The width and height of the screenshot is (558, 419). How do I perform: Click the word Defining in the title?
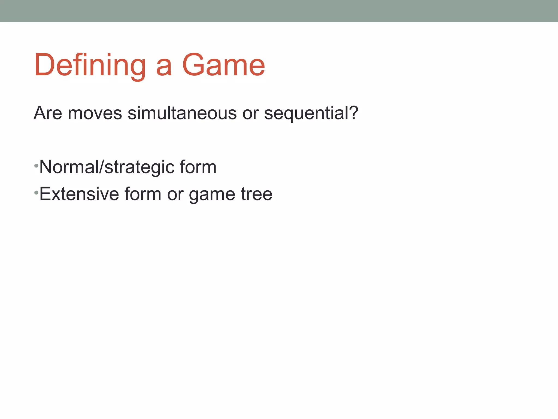click(x=90, y=65)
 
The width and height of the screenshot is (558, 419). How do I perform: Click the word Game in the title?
click(x=223, y=65)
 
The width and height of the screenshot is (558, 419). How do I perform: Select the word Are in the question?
click(x=48, y=113)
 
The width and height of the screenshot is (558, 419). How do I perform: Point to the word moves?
click(x=95, y=113)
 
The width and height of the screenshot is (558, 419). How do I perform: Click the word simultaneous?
click(x=182, y=113)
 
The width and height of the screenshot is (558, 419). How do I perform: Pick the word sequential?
click(x=307, y=113)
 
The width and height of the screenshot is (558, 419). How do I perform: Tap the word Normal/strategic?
click(x=107, y=167)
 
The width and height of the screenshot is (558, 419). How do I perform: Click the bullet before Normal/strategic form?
click(x=36, y=166)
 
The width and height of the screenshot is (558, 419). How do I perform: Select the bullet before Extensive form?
click(x=36, y=193)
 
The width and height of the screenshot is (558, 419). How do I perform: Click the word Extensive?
click(x=79, y=194)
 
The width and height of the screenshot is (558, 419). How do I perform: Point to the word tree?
click(x=256, y=194)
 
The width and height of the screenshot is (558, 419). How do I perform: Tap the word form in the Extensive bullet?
click(x=143, y=194)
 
